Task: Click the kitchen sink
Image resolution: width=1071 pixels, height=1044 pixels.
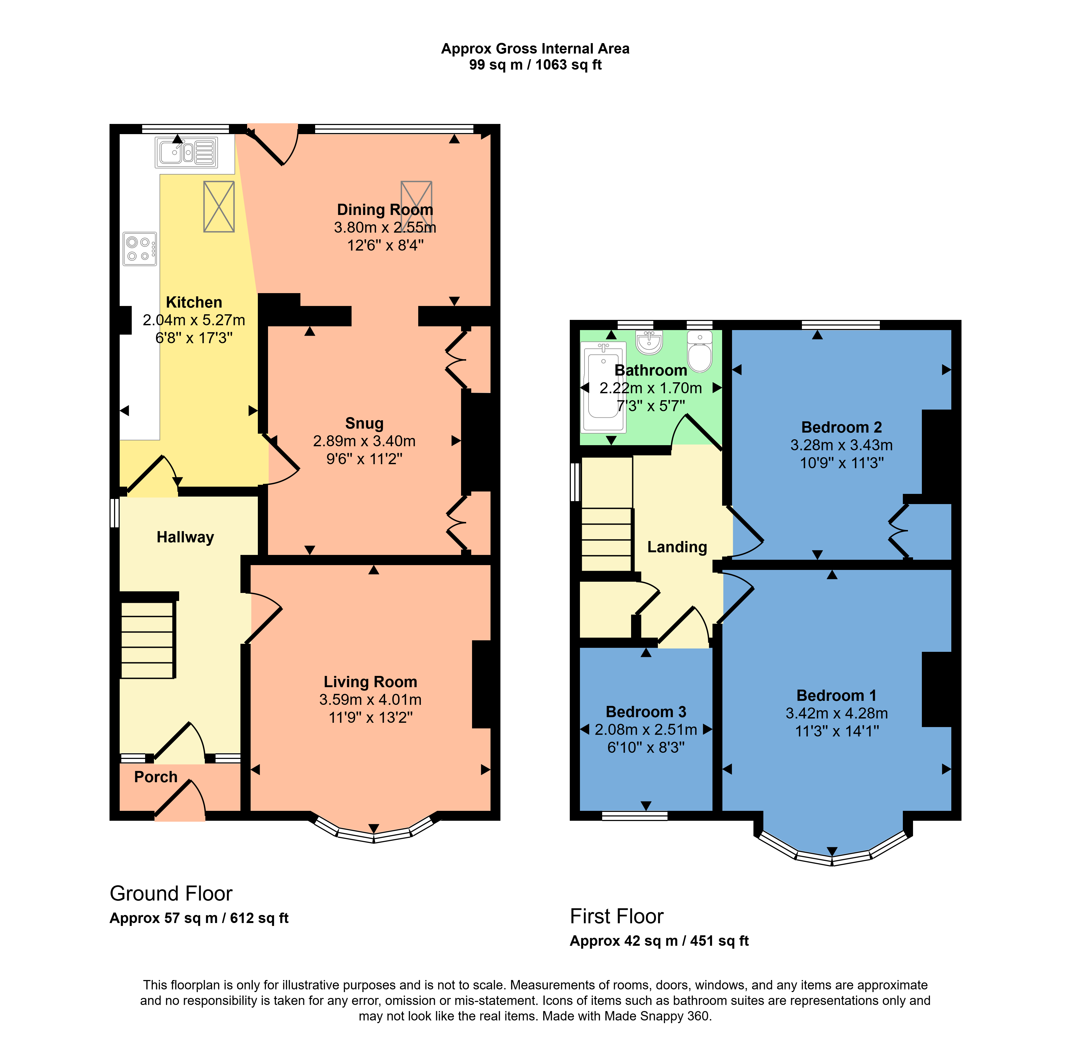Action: tap(186, 152)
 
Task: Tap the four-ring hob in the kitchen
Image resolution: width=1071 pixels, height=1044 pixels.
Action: tap(140, 249)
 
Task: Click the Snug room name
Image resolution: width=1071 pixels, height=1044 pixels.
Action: tap(364, 423)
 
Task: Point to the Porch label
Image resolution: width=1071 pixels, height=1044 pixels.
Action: tap(156, 777)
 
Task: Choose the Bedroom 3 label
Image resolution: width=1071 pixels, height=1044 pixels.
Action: tap(646, 712)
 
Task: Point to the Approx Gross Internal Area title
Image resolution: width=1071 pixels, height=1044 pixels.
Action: tap(535, 49)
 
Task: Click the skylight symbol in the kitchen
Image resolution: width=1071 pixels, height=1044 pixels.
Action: tap(219, 207)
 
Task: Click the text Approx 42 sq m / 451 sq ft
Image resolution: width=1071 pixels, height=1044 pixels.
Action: tap(659, 941)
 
